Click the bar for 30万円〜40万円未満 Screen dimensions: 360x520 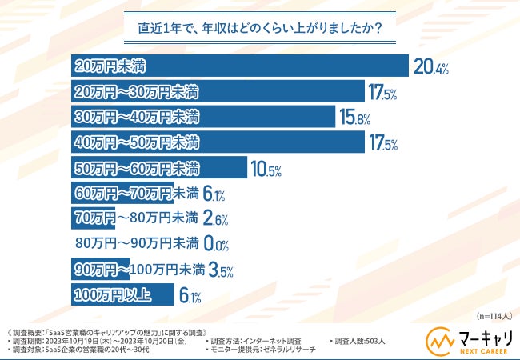coord(203,118)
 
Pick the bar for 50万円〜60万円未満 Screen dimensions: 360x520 coord(158,169)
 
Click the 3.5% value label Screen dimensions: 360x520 coord(221,271)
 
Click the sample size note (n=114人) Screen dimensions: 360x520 coord(490,315)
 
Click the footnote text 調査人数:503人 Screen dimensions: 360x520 coord(358,341)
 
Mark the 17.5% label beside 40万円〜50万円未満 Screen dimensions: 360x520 coord(382,144)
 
